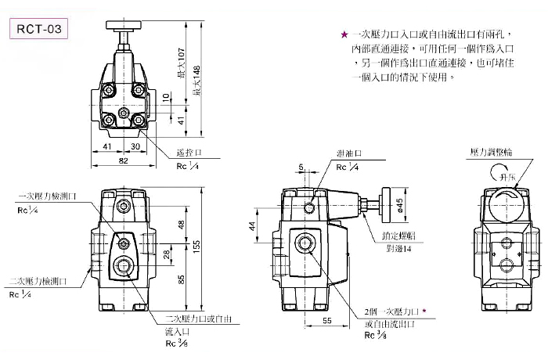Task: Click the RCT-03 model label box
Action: point(38,30)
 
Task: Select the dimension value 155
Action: point(197,246)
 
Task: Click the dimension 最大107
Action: point(182,66)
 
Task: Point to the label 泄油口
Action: point(348,155)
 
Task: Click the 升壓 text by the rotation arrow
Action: point(505,179)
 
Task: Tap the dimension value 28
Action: point(166,255)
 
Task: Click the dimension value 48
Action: point(180,226)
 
